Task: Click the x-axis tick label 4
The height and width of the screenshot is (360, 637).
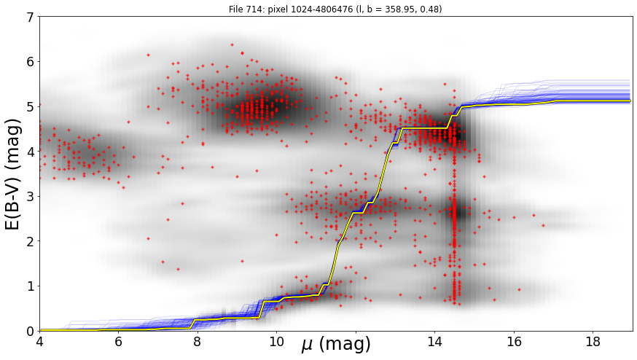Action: point(39,342)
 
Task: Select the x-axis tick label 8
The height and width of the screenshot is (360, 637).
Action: point(198,342)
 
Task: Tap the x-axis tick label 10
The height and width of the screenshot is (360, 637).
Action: point(276,342)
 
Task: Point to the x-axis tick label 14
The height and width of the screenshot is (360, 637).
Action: point(434,342)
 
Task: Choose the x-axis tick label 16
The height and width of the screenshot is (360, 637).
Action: point(514,342)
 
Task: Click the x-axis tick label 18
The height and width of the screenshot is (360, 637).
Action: point(593,342)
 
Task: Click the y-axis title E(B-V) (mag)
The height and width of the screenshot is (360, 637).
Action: point(13,174)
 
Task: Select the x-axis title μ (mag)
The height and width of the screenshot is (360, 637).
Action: point(336,345)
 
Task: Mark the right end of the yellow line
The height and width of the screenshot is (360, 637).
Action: point(630,101)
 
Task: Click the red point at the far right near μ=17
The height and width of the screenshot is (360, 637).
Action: point(543,225)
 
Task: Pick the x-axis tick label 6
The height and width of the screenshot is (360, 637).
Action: point(118,342)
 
